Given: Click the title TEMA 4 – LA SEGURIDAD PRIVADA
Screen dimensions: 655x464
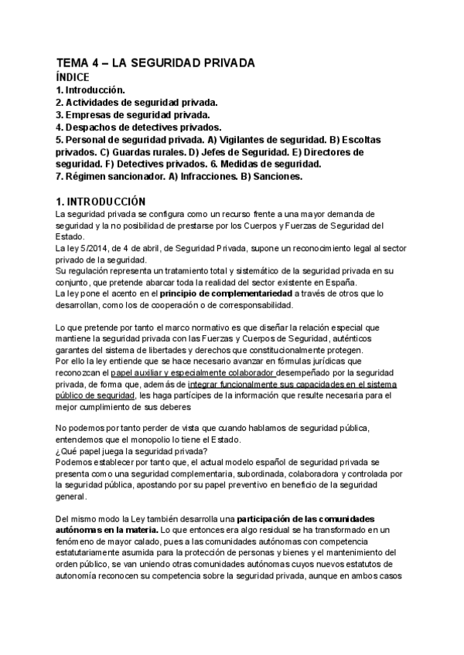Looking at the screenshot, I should tap(155, 64).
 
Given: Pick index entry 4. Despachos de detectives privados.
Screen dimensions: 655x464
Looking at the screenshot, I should tap(138, 127).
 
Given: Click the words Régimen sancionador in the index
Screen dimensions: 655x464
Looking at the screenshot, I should tap(112, 176).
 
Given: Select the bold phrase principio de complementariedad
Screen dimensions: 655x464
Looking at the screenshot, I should tap(226, 294).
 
